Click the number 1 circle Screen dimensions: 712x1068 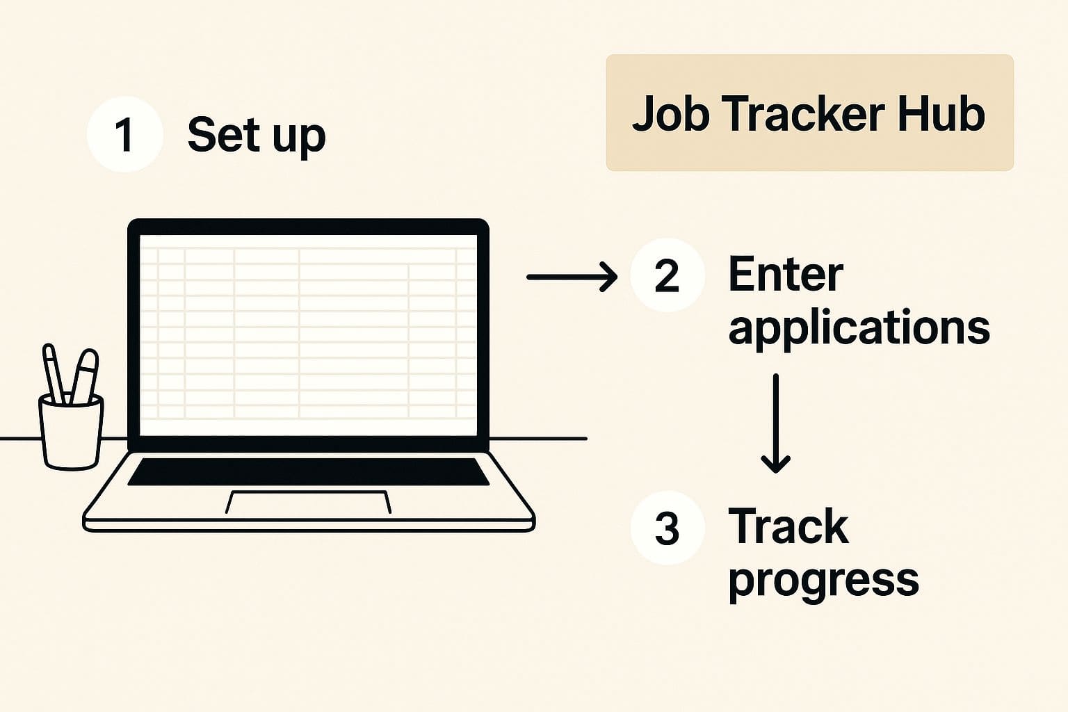click(x=124, y=134)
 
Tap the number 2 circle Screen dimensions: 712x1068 click(x=667, y=275)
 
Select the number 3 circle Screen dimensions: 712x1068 click(x=667, y=528)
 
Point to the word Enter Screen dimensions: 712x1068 click(x=785, y=275)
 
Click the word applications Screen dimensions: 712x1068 click(x=859, y=327)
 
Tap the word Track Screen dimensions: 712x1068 click(x=788, y=526)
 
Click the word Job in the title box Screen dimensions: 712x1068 click(x=668, y=113)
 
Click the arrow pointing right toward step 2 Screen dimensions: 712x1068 click(x=572, y=277)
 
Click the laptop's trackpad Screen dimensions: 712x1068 click(x=308, y=502)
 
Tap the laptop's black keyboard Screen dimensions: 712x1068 click(x=308, y=471)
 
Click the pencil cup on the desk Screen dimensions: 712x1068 click(x=71, y=432)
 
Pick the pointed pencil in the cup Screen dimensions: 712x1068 click(x=54, y=372)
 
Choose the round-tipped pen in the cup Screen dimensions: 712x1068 click(x=85, y=375)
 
